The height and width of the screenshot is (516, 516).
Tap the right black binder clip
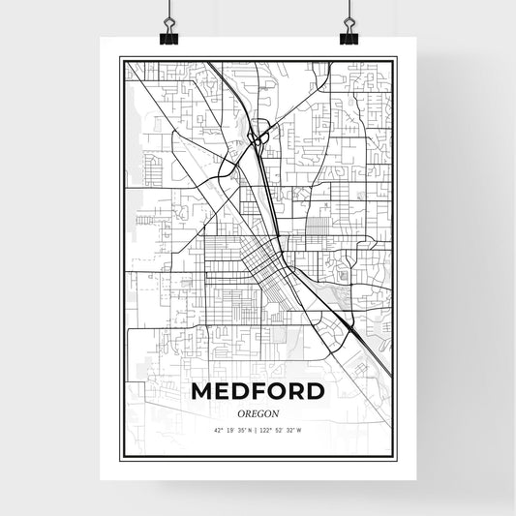(349, 37)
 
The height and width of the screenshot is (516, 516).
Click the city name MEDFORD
(258, 392)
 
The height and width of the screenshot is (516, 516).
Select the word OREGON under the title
(258, 412)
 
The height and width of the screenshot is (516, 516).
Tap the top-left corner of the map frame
(121, 58)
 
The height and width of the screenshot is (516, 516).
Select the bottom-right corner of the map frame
(395, 458)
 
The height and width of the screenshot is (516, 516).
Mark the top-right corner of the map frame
(395, 58)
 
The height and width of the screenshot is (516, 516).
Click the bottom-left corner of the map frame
(121, 458)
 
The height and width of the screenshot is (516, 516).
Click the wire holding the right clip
(349, 12)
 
